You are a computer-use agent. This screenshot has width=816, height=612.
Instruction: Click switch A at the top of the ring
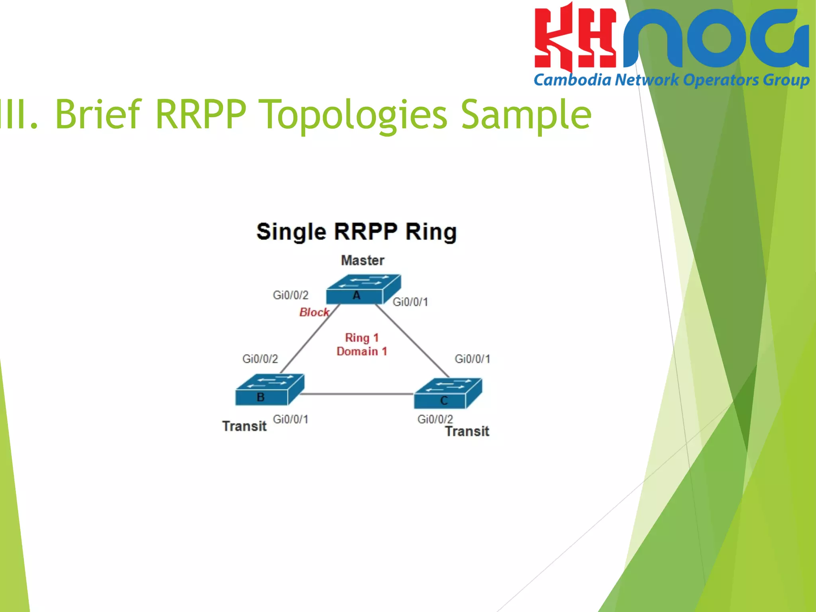tap(363, 289)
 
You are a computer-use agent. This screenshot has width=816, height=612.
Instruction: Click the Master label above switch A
tap(362, 260)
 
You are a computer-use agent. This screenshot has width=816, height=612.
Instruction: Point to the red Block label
tap(314, 312)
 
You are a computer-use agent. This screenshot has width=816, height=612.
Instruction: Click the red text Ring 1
tap(361, 337)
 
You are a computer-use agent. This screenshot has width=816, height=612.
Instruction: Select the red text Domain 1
tap(361, 351)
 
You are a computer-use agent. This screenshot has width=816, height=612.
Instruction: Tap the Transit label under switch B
tap(244, 426)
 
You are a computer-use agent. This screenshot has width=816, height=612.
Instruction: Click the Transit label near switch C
tap(467, 431)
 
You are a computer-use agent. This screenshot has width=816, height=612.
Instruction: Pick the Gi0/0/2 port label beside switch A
tap(290, 295)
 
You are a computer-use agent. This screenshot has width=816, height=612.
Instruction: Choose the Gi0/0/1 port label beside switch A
tap(410, 302)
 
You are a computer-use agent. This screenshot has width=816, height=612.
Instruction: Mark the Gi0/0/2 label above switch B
tap(260, 359)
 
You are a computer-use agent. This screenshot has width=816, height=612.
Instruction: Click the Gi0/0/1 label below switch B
tap(290, 419)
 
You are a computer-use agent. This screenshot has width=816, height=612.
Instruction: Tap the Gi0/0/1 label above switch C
tap(472, 359)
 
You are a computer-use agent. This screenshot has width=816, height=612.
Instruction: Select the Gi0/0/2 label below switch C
tap(435, 419)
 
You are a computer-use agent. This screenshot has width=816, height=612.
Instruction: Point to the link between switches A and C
tap(412, 341)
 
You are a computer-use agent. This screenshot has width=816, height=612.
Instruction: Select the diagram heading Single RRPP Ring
tap(356, 232)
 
